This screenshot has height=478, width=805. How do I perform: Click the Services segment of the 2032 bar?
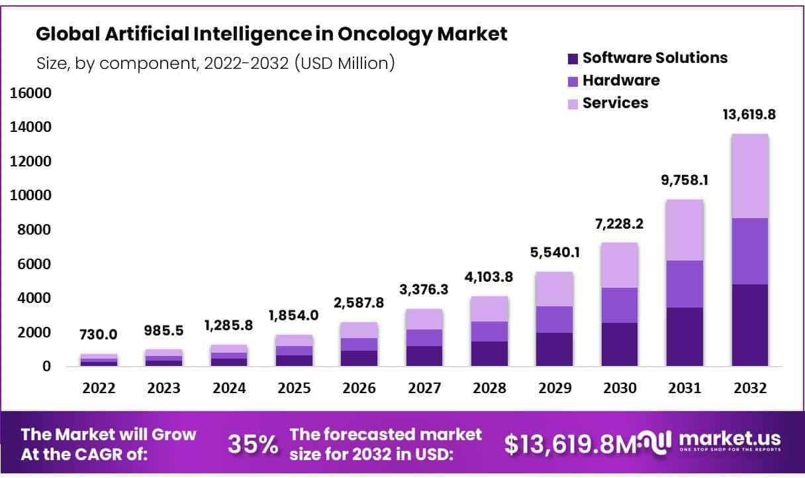(x=750, y=176)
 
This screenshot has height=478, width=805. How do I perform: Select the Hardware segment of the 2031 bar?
(x=685, y=284)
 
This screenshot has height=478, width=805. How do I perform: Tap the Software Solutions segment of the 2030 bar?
(x=620, y=345)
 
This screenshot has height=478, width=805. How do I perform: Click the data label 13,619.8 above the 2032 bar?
(x=749, y=115)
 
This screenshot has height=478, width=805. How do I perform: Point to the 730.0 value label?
(x=98, y=335)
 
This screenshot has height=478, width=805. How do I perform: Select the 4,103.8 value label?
(x=489, y=277)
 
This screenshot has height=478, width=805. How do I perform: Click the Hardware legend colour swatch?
(x=573, y=82)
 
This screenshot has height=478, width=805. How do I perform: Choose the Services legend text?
(x=615, y=103)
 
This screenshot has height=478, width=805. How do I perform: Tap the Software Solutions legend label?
(x=655, y=58)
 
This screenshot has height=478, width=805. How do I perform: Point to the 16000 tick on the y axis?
(x=30, y=93)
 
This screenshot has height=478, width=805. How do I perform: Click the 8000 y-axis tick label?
(x=34, y=229)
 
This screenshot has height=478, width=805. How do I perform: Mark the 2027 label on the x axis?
(x=424, y=388)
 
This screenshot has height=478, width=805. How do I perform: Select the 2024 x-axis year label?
(x=229, y=388)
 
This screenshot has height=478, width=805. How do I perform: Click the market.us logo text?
(x=730, y=439)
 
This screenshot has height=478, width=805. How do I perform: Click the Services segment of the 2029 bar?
(x=554, y=289)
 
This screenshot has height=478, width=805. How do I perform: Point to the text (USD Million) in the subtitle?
(x=345, y=64)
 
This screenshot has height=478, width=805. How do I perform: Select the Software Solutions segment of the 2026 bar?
(x=359, y=359)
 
